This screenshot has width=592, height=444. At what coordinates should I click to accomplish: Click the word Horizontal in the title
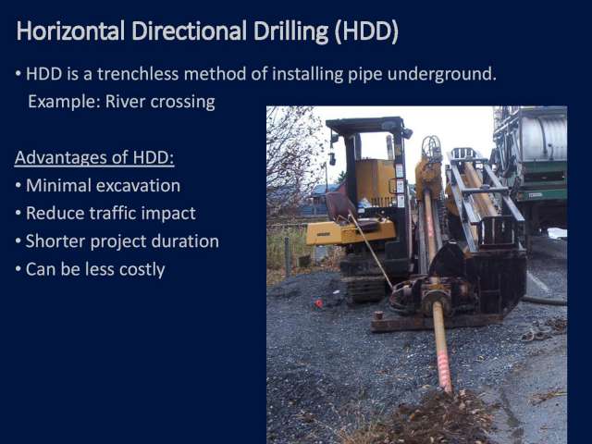[70, 31]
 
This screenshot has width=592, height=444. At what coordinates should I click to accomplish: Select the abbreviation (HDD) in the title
[366, 31]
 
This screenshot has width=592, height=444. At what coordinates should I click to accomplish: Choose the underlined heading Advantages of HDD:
[94, 157]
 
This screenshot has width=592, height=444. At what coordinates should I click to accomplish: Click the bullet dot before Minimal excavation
[18, 186]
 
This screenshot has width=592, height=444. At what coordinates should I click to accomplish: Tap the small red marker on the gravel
[319, 303]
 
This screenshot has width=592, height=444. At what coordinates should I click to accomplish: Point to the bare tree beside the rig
[291, 158]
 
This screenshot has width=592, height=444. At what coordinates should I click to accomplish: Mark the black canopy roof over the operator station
[364, 124]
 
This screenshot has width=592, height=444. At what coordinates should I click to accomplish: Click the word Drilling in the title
[291, 31]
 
